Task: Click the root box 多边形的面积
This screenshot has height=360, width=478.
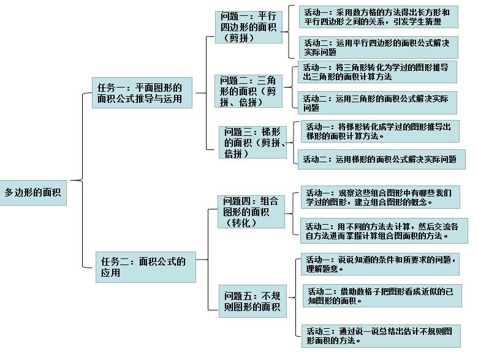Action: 33,192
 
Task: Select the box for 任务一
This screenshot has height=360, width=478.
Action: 140,92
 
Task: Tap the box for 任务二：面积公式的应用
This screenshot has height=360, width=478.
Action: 145,267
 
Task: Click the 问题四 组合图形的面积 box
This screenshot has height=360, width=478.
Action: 251,212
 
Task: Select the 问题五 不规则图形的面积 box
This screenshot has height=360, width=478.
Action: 254,301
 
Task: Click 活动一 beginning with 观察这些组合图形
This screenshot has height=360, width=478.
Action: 380,197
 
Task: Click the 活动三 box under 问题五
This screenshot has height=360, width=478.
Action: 382,336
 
